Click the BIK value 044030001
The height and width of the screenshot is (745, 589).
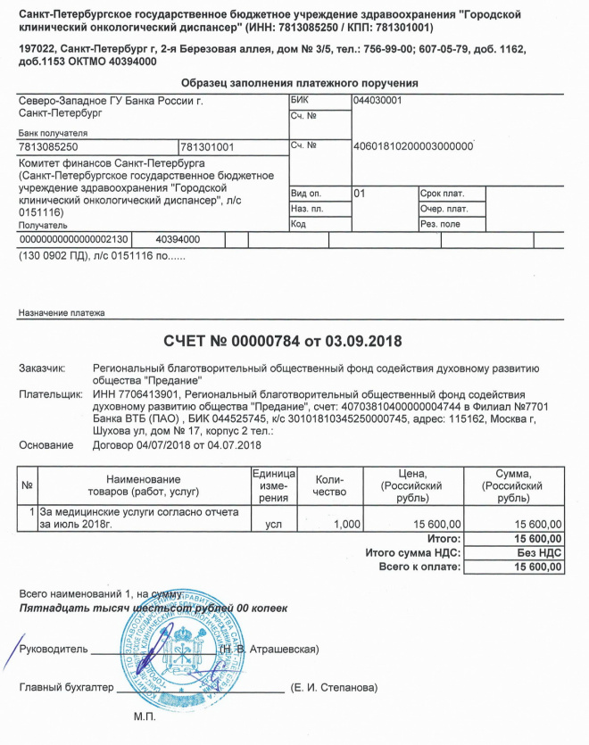(377, 101)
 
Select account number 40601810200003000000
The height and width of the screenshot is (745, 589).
(413, 145)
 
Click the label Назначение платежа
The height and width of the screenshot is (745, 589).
(62, 313)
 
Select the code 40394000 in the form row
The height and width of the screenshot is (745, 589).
(178, 240)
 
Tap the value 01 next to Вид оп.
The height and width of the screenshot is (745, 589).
(360, 193)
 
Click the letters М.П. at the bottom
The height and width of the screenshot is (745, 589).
(144, 717)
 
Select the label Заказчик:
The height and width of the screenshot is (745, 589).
(42, 368)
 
